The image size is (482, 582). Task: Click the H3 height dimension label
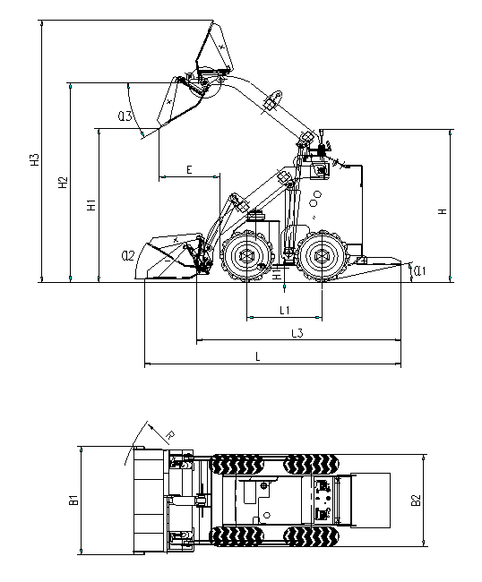tap(35, 161)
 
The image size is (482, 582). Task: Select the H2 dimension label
tap(63, 183)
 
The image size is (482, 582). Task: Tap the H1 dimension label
tap(90, 205)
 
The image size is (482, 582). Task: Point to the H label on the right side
tap(442, 210)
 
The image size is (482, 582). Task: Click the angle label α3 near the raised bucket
tap(125, 116)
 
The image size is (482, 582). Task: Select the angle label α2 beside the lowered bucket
tap(127, 255)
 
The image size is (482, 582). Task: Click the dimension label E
tap(189, 169)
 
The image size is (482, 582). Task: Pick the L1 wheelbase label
tap(283, 310)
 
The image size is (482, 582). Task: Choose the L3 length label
tap(297, 333)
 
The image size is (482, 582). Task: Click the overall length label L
tap(258, 356)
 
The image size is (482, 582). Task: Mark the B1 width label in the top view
tap(73, 501)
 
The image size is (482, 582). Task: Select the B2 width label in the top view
tap(417, 501)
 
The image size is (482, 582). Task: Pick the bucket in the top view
tap(148, 500)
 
